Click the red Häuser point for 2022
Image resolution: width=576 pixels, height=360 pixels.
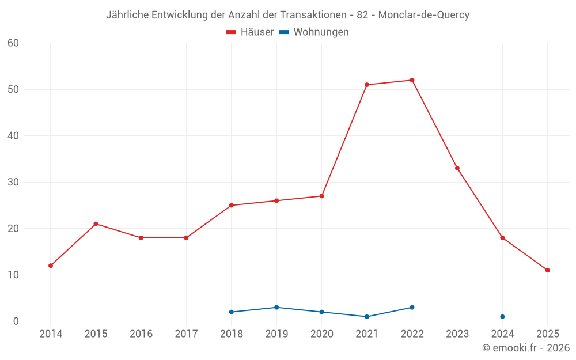[412, 80]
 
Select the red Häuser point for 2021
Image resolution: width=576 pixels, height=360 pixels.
[367, 85]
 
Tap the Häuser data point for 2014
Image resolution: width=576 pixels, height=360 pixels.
[51, 266]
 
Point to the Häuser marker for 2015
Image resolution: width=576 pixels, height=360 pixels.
[96, 224]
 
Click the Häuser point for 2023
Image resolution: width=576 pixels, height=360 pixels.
[457, 168]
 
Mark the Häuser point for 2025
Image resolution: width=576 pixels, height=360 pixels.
[547, 270]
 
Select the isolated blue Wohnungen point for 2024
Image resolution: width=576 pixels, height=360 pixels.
[502, 317]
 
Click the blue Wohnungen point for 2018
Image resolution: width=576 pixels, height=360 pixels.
[232, 312]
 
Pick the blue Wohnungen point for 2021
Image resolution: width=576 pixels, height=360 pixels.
[367, 317]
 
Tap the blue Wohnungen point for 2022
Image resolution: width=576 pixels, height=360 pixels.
[412, 308]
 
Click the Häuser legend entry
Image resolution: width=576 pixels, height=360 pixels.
[250, 32]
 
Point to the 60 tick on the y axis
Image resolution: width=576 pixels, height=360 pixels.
[13, 43]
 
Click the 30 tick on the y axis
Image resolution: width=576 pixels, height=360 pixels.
[13, 183]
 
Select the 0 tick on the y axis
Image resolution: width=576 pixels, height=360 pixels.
[16, 321]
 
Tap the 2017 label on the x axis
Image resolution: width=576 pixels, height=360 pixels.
[186, 334]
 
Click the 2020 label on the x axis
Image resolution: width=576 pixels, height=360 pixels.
[321, 334]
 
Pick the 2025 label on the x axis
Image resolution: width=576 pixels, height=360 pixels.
[547, 334]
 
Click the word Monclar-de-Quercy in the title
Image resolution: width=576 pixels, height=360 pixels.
[431, 15]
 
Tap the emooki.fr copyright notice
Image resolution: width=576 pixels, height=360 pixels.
[525, 348]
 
